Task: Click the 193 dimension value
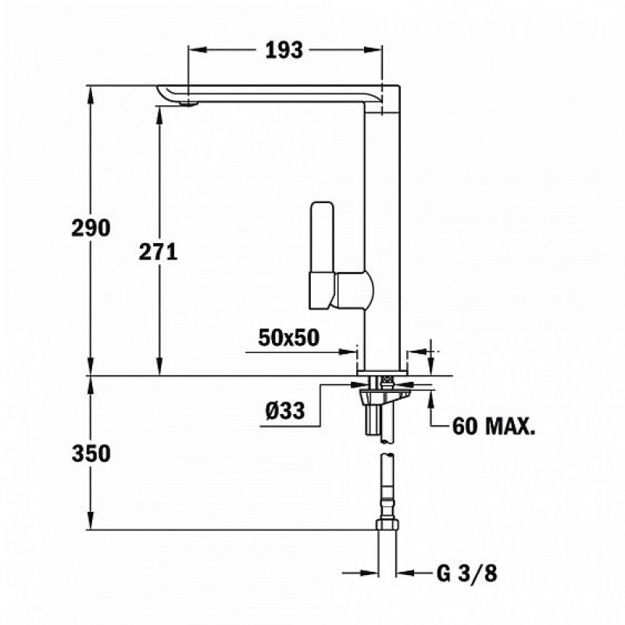(x=284, y=50)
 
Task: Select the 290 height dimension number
(x=91, y=228)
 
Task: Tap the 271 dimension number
(x=159, y=252)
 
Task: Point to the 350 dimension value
(x=91, y=454)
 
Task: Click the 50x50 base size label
(x=289, y=337)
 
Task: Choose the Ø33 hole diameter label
(x=285, y=410)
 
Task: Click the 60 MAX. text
(x=494, y=427)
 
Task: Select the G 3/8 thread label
(x=467, y=574)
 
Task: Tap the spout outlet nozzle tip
(x=187, y=104)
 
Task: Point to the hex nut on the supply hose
(x=387, y=523)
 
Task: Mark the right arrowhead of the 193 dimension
(x=373, y=50)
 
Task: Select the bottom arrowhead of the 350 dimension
(x=91, y=520)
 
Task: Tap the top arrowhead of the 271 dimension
(x=159, y=116)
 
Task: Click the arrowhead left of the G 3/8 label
(x=368, y=573)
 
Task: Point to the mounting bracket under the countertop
(x=384, y=396)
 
